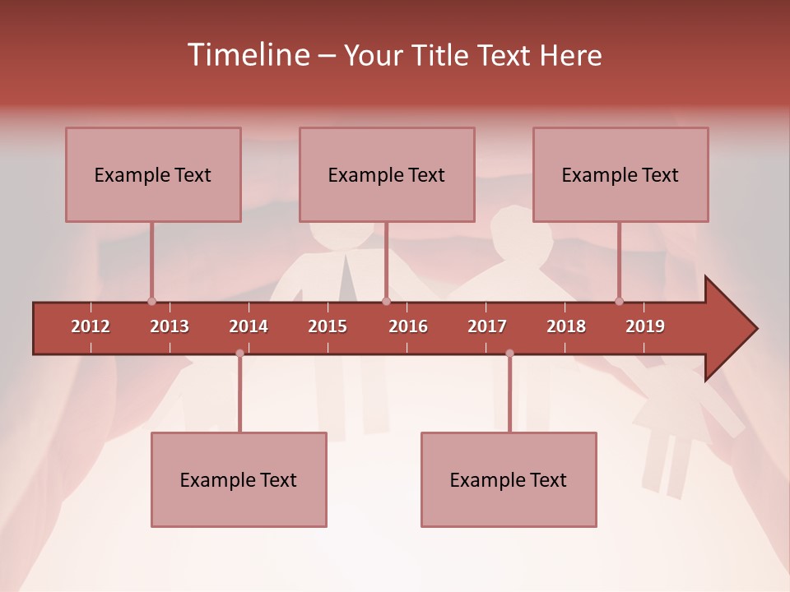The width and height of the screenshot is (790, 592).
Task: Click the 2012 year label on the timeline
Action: click(x=91, y=326)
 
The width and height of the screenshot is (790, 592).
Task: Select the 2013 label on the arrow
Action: click(x=170, y=326)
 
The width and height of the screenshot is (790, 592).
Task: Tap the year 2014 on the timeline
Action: click(x=249, y=326)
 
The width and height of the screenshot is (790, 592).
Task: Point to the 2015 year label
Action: click(x=328, y=326)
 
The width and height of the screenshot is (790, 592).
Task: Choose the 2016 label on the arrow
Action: click(x=408, y=326)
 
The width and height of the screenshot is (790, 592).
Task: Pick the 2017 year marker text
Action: click(x=487, y=326)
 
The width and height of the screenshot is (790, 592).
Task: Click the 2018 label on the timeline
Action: click(x=566, y=326)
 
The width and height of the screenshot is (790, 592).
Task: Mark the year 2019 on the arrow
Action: click(x=645, y=326)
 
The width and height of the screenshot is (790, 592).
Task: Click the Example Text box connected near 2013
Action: click(x=153, y=174)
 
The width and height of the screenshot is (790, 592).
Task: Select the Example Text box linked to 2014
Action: click(x=239, y=479)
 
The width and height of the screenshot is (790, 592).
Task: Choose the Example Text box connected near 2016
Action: click(x=387, y=174)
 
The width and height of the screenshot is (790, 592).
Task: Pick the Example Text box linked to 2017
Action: click(x=509, y=479)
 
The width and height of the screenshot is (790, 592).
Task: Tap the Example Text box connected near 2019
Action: click(x=620, y=174)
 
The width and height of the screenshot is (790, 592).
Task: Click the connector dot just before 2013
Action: click(x=151, y=301)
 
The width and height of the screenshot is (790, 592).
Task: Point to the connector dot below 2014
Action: click(x=239, y=354)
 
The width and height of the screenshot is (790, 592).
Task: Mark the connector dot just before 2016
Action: click(x=386, y=301)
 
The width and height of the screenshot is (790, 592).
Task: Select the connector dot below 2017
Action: click(x=509, y=354)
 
